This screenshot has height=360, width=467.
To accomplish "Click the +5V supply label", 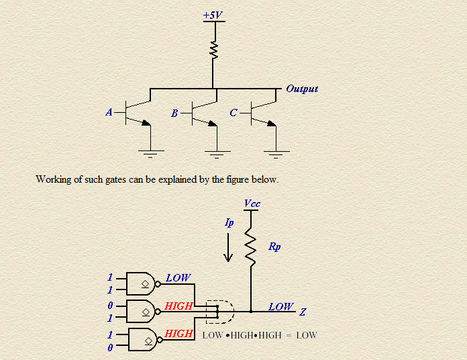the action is (x=213, y=15).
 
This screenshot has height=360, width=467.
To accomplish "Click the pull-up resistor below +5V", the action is (x=214, y=50).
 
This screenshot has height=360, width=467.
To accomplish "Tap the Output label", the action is (x=302, y=89).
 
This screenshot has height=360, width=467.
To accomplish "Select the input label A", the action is (x=109, y=112).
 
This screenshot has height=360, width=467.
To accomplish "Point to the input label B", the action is (x=174, y=114).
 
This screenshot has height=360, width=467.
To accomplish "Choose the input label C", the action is (x=234, y=113).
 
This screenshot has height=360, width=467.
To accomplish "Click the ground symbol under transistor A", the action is (x=151, y=154).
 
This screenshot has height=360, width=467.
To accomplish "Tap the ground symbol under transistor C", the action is (x=276, y=154).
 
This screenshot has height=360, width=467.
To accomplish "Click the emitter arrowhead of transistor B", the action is (x=213, y=124).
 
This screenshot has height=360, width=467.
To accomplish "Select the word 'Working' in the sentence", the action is (x=53, y=180).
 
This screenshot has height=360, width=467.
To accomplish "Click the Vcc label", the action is (x=252, y=204).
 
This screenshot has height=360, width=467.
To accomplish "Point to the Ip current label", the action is (x=229, y=222).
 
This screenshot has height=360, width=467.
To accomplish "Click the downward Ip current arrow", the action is (x=228, y=247).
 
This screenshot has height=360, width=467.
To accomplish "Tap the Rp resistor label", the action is (x=274, y=246).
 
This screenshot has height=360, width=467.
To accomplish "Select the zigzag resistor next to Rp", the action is (x=250, y=246).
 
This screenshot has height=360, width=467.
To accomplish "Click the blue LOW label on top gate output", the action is (x=178, y=278).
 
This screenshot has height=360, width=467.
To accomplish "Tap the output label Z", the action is (x=303, y=312).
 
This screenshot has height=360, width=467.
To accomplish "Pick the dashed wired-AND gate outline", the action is (x=234, y=312).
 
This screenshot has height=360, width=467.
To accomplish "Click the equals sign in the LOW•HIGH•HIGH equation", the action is (x=289, y=336).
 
